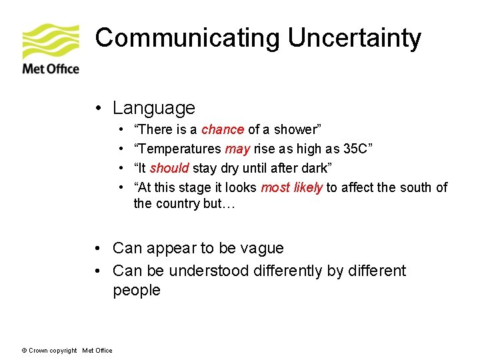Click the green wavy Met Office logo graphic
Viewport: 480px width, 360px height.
pos(51,41)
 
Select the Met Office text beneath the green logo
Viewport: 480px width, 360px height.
pos(51,69)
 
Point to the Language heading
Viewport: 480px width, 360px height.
pos(154,108)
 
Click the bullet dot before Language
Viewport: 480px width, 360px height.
pos(98,109)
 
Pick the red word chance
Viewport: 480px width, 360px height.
pos(223,129)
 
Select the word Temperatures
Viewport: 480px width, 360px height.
pos(179,149)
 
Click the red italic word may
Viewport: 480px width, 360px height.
pos(238,149)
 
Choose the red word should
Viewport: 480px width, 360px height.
pos(169,168)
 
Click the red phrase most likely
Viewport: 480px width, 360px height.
pos(291,187)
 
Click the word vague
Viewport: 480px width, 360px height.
pos(261,249)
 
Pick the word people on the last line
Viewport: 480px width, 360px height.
pos(137,291)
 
